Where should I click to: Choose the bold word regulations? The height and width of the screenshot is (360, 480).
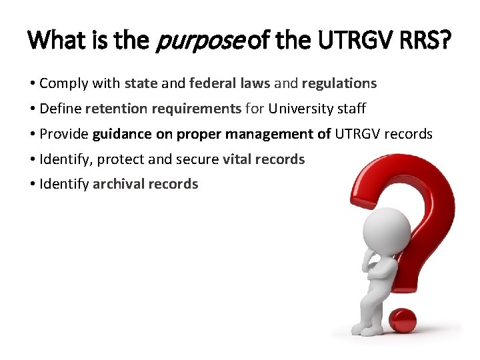[x=339, y=83]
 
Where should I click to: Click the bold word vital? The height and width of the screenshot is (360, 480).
[x=237, y=159]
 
